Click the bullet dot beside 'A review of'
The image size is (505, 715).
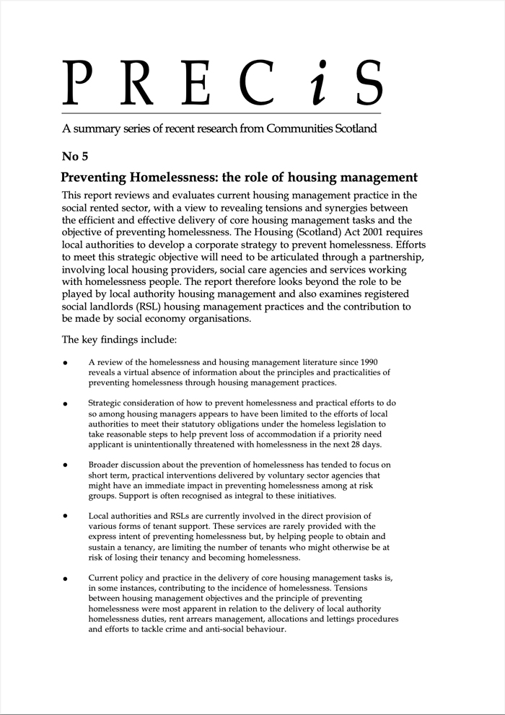66,363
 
